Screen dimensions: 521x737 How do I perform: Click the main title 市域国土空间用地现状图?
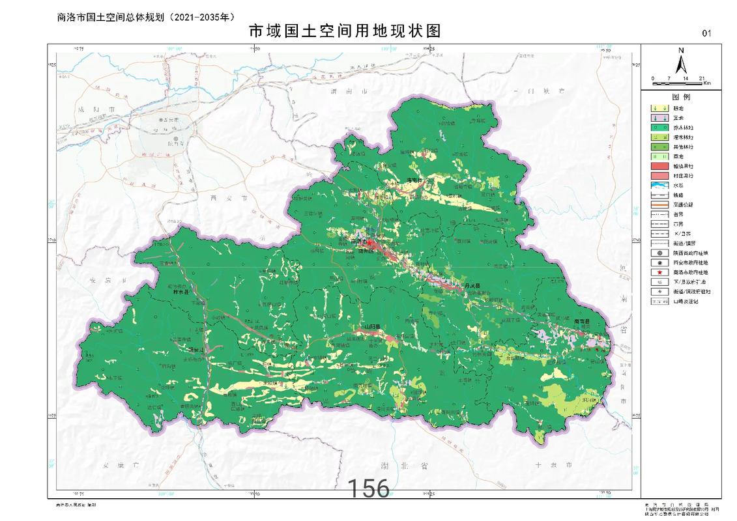pyautogui.click(x=345, y=31)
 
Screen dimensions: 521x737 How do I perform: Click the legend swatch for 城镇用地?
pyautogui.click(x=659, y=165)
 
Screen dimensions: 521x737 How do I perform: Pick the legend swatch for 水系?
pyautogui.click(x=659, y=185)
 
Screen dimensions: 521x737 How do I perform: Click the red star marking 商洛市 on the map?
pyautogui.click(x=369, y=242)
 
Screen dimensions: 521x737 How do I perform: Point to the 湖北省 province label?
pyautogui.click(x=414, y=466)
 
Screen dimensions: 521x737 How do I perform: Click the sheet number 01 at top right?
pyautogui.click(x=707, y=33)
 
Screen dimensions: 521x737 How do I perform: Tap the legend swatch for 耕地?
pyautogui.click(x=659, y=108)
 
